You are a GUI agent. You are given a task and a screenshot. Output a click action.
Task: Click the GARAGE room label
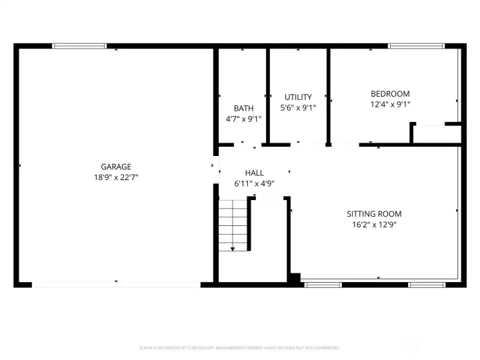pos(116,167)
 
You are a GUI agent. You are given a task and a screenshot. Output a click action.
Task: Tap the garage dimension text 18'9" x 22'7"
pos(116,177)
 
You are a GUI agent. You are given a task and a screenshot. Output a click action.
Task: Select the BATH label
pos(243,108)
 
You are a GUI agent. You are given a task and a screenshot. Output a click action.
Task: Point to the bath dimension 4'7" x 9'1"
pos(243,119)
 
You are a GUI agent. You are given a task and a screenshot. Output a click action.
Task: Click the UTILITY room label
pos(298,97)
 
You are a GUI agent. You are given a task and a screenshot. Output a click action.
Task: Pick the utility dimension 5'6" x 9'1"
pos(298,107)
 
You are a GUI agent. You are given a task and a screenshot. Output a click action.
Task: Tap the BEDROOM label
pos(390,94)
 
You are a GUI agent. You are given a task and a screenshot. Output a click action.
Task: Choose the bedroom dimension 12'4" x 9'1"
pos(390,105)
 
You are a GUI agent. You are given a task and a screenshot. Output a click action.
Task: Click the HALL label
pos(254,173)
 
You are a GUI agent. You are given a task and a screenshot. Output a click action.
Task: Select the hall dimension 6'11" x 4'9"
pos(254,183)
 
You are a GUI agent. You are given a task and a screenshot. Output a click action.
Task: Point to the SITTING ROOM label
pos(374,214)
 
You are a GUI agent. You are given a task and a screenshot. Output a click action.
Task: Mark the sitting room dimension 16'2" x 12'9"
pos(374,225)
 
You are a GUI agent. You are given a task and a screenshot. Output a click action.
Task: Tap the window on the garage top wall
pos(79,46)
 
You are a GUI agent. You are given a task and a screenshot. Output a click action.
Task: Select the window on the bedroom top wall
pos(417,46)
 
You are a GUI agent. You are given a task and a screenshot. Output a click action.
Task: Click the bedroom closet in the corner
pos(437,133)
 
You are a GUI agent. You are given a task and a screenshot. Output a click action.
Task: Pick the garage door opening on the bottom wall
pos(117,285)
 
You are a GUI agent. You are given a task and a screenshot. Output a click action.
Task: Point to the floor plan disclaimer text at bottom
pos(240,347)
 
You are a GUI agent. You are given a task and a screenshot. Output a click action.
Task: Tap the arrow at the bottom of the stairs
pos(233,249)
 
